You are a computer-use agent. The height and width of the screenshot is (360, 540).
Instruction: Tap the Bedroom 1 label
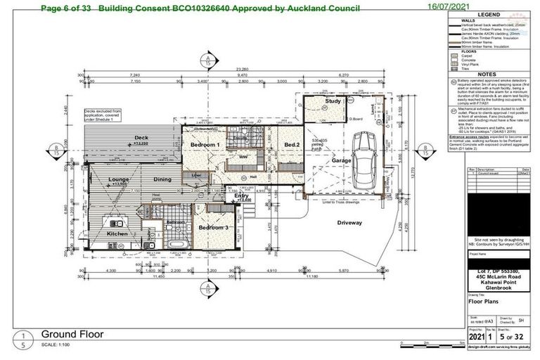(205, 145)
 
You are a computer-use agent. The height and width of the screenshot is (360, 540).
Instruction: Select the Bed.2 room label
(292, 145)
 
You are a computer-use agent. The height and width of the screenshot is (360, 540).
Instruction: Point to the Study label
(333, 103)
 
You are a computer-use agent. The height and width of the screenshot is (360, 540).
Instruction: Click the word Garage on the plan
(342, 161)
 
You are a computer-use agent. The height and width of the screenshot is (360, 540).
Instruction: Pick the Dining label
(162, 180)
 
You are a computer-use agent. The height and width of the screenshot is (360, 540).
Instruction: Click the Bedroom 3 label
(212, 229)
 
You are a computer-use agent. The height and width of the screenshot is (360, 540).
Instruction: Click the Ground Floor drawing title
(72, 333)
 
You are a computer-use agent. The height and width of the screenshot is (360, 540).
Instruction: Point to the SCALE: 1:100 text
(60, 345)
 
